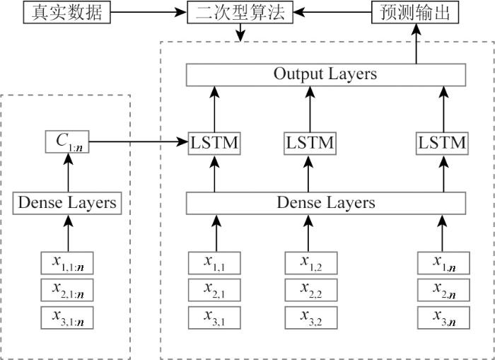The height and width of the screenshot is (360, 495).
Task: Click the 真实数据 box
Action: coord(68,12)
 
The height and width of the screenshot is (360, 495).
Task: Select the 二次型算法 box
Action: coord(240,12)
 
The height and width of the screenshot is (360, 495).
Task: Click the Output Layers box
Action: coord(325,74)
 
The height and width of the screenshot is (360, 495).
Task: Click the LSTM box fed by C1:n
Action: coord(213,144)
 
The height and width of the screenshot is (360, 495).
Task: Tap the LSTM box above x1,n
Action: coord(441,144)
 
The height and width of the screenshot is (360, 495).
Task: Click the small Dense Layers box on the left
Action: coord(66,203)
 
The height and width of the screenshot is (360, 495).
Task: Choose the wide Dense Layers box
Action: coord(325,203)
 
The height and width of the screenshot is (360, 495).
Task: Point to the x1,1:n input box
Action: coord(68,264)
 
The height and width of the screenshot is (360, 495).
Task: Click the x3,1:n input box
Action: coord(68,316)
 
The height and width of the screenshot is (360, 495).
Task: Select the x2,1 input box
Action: coord(213,289)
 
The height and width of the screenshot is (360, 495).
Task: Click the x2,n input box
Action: coord(441,289)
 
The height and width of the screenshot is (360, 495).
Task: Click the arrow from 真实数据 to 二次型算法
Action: coord(148,12)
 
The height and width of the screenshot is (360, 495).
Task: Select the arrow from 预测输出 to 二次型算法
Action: coord(332,12)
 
